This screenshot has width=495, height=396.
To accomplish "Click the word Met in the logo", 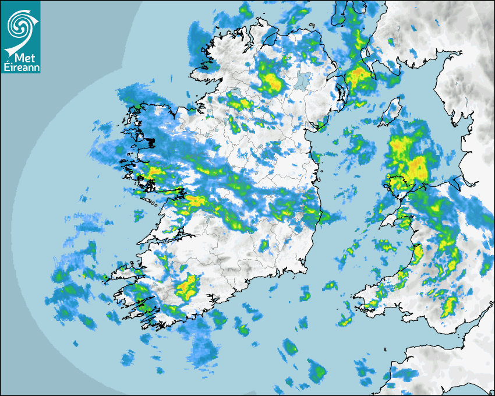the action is click(x=20, y=57).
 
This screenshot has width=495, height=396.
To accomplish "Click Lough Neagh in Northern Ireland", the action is click(x=302, y=80).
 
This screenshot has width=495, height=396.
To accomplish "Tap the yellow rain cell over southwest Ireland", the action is click(x=188, y=285).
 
